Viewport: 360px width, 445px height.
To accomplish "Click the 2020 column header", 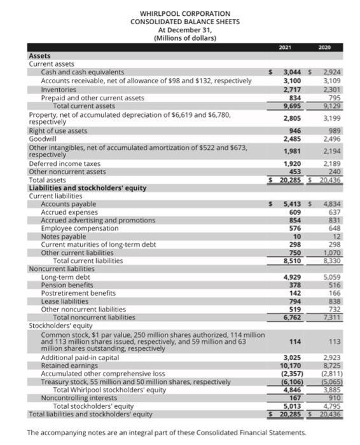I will click(x=328, y=46).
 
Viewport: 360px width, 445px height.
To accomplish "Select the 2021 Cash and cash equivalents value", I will click(x=292, y=72).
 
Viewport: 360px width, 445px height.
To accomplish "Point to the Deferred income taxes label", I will click(x=61, y=163).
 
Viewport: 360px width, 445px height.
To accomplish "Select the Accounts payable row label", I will click(x=69, y=203).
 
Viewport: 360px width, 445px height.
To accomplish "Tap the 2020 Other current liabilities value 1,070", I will click(x=328, y=252).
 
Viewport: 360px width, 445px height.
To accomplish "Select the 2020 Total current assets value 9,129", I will click(x=328, y=106).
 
